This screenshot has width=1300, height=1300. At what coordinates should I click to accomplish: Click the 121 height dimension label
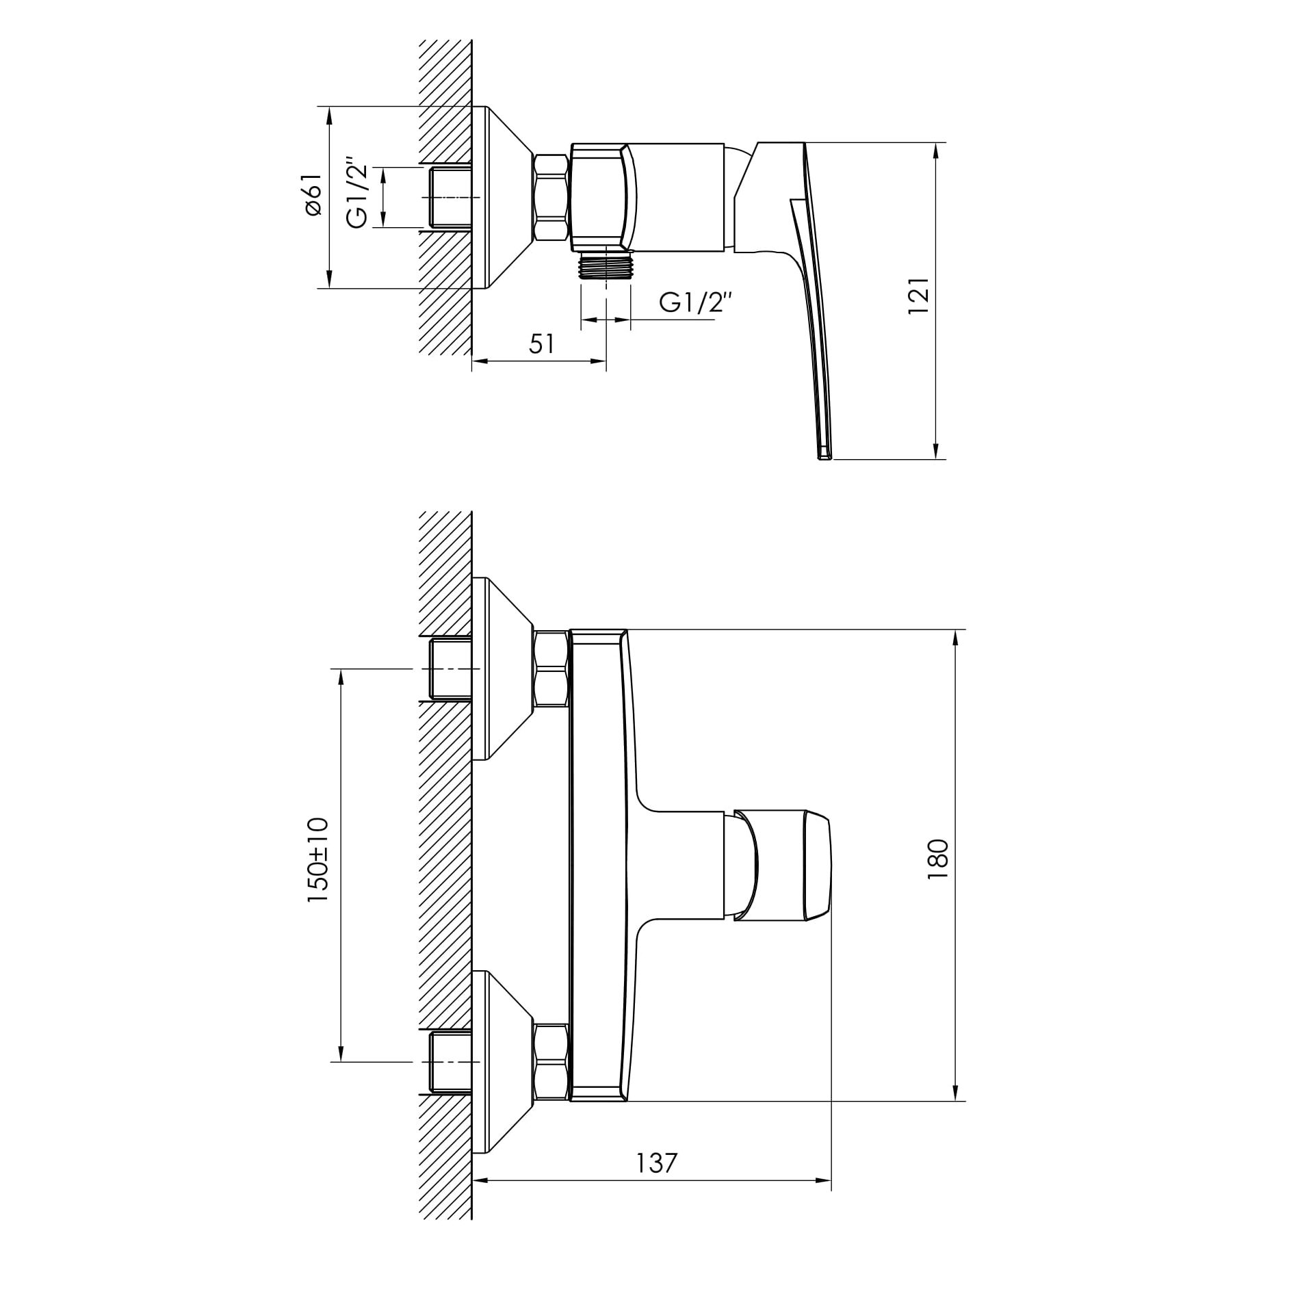point(919,296)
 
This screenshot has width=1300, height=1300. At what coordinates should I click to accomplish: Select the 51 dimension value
point(541,344)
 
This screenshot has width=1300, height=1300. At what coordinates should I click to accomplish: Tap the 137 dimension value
point(657,1163)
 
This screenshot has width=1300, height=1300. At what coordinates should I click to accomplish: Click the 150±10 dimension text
point(318,860)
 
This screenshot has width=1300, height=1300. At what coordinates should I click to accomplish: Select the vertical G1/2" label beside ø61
point(359,196)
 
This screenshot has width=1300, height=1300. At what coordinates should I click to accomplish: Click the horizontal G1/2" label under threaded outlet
point(696,302)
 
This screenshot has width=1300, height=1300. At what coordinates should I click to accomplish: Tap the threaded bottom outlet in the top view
point(606,265)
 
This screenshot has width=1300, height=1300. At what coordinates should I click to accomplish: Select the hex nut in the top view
point(551,197)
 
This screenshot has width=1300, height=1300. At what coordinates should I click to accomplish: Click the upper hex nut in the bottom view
point(551,668)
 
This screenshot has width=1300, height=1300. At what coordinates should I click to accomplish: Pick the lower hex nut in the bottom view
point(551,1061)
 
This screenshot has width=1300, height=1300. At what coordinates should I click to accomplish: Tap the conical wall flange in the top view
point(506,197)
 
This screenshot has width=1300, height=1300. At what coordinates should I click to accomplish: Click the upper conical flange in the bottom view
point(506,668)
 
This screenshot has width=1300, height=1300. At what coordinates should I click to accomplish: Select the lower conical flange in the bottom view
point(506,1061)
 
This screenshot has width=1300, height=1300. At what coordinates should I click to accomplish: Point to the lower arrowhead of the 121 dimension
point(935,451)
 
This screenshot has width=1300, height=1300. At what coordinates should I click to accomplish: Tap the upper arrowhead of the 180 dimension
point(955,637)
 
